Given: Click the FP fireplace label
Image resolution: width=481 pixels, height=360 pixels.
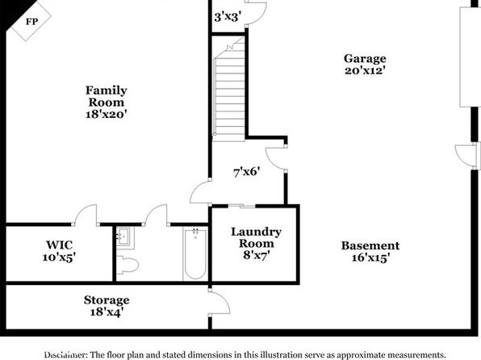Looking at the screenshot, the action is tap(32, 22).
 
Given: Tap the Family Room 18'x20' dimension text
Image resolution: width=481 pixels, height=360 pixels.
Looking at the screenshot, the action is tap(107, 114).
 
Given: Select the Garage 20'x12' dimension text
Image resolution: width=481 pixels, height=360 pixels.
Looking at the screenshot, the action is tap(365, 70).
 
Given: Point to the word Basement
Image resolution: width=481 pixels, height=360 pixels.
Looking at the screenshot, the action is tap(370, 245).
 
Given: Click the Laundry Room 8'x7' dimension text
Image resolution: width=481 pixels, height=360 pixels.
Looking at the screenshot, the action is tap(256, 255).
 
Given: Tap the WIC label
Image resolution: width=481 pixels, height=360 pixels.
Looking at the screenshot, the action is tap(60, 245).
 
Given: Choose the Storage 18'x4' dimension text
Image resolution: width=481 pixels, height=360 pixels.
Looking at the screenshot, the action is tap(107, 312).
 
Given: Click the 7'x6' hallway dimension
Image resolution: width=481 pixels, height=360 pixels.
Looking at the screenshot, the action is tap(247, 172).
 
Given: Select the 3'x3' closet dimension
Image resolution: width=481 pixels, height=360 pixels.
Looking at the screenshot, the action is tap(227, 17).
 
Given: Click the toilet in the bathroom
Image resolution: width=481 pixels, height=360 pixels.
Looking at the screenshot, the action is tap(128, 265).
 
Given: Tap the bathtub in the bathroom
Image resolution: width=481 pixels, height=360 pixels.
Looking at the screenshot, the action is tap(195, 253).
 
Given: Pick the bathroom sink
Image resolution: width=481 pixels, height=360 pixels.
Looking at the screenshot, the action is tap(124, 237).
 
